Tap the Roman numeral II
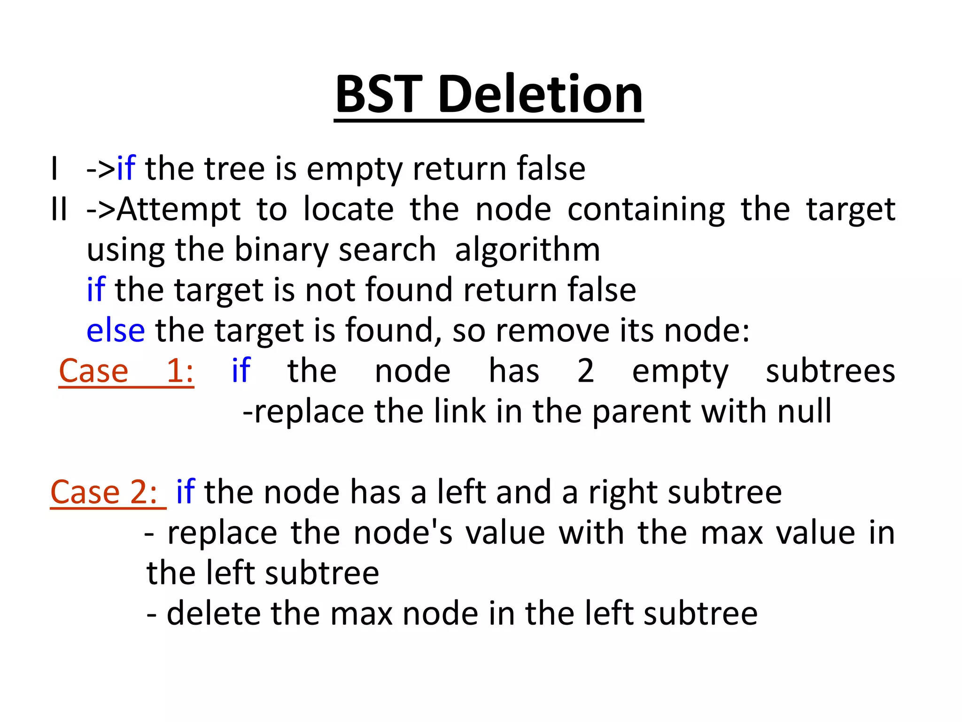(59, 209)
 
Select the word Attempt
(178, 209)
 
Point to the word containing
(646, 210)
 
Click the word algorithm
(528, 250)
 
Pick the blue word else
(116, 330)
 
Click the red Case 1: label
(126, 371)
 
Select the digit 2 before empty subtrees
(585, 371)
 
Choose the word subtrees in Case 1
(830, 371)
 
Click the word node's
(403, 533)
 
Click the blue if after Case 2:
(186, 492)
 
